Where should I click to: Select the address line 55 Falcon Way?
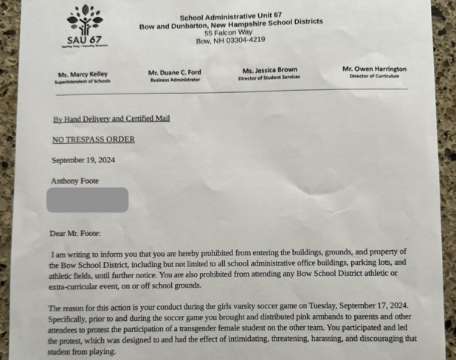click(x=229, y=33)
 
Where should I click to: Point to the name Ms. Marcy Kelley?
click(x=82, y=75)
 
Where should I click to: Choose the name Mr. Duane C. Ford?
click(x=174, y=72)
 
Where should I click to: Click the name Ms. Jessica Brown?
click(x=269, y=70)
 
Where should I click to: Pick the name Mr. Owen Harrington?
click(x=374, y=69)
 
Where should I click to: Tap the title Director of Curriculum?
click(x=374, y=76)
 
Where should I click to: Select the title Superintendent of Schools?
click(x=82, y=82)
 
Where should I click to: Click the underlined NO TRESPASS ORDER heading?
click(x=93, y=139)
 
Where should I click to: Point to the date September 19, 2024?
click(x=83, y=159)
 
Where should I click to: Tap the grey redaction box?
click(x=87, y=200)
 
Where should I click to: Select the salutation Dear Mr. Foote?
click(x=80, y=233)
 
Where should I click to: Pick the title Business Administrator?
click(x=174, y=80)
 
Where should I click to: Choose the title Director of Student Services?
click(x=269, y=77)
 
